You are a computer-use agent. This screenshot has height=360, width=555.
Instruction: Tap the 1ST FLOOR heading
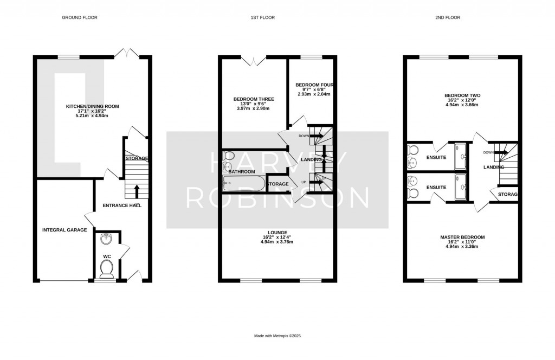point(262,18)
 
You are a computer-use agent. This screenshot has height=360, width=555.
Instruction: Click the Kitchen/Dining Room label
point(92,106)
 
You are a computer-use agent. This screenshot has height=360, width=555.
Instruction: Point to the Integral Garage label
point(64,230)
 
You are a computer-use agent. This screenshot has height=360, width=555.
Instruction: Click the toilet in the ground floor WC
point(107,267)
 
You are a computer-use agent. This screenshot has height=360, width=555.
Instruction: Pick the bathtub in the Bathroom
point(243,184)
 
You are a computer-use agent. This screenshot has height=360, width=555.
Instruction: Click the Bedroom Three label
point(253,99)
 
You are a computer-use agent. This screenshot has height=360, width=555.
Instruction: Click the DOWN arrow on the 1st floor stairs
point(315,136)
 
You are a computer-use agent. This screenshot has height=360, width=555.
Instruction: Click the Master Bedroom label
point(462,237)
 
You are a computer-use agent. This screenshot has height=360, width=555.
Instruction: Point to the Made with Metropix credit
point(277,336)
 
